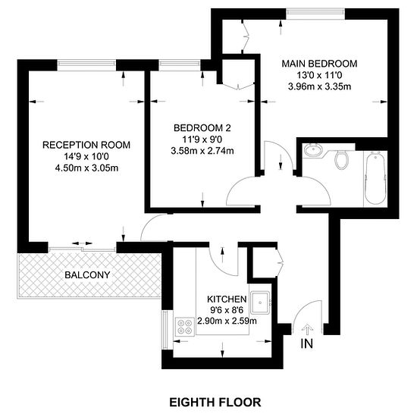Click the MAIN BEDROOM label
(319, 64)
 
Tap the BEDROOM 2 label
(202, 128)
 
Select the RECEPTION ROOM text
(86, 145)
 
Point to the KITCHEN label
(227, 299)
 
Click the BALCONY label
(87, 274)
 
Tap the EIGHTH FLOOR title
(215, 403)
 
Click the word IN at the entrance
(306, 343)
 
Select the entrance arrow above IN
(307, 329)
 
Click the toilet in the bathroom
(341, 159)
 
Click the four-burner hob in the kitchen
(185, 327)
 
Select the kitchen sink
(261, 303)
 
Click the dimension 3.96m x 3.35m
(319, 86)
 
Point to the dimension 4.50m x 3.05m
(86, 168)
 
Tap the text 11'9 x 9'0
(202, 140)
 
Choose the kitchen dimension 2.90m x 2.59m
(227, 321)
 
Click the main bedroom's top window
(315, 12)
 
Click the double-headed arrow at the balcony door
(82, 243)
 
